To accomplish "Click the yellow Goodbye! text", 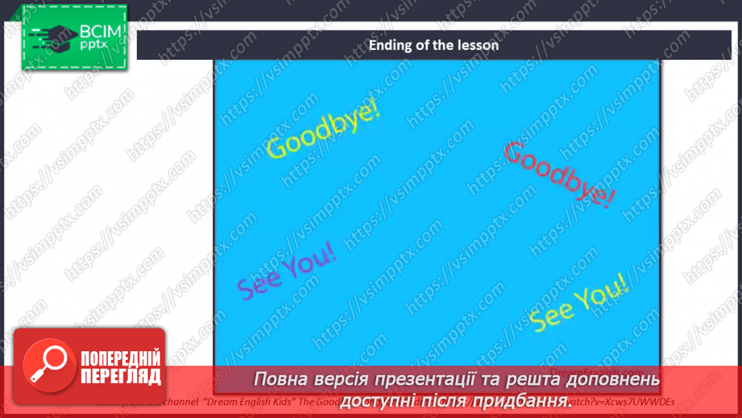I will coord(322,130).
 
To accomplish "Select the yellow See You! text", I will coord(578,302).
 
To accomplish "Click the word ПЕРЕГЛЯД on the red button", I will coord(121,377).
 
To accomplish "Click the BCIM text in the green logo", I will coord(99,32).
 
